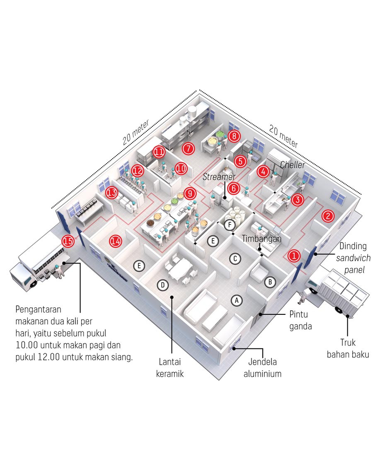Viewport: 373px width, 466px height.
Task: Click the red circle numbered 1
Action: (x=294, y=256)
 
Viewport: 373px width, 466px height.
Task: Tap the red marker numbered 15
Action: (x=68, y=241)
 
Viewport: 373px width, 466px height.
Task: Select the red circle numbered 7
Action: (x=188, y=147)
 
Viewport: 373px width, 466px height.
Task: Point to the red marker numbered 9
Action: (x=189, y=193)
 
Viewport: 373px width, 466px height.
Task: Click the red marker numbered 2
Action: (x=328, y=216)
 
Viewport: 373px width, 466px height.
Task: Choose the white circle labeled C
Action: (x=235, y=258)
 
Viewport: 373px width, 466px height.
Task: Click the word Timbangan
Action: (x=262, y=239)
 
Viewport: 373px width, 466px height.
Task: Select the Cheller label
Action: (x=292, y=165)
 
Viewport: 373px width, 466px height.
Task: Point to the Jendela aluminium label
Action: (x=262, y=368)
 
